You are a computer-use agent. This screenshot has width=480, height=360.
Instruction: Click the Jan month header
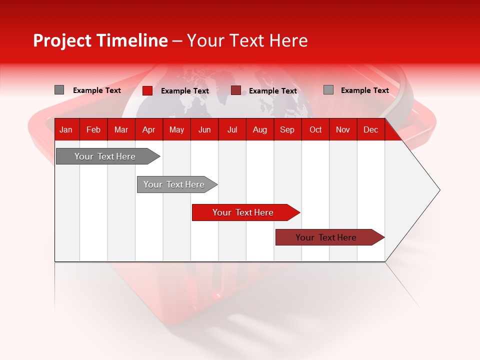tap(66, 129)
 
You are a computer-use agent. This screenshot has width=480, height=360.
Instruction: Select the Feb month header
tap(93, 129)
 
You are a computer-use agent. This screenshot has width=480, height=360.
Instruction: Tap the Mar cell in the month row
tap(121, 129)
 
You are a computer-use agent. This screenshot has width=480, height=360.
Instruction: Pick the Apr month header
tap(149, 129)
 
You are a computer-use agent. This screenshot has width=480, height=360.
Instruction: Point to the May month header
tap(176, 129)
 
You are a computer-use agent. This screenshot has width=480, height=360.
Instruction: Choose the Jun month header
tap(204, 129)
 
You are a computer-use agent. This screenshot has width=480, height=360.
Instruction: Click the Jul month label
tap(232, 129)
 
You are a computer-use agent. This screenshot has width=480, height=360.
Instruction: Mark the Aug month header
tap(260, 129)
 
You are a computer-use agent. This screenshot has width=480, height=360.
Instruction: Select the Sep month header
tap(287, 129)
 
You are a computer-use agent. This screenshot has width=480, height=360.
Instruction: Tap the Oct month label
tap(315, 129)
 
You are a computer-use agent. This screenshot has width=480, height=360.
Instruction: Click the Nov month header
tap(343, 129)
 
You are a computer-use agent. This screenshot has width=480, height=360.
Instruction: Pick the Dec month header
tap(370, 129)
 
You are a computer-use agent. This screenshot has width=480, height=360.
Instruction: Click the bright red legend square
tap(147, 90)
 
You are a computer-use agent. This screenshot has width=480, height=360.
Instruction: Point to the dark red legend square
tap(236, 90)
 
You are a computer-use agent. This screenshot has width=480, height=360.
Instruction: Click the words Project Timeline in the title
tap(100, 40)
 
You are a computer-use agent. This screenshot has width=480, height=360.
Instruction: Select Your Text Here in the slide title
tap(247, 40)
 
